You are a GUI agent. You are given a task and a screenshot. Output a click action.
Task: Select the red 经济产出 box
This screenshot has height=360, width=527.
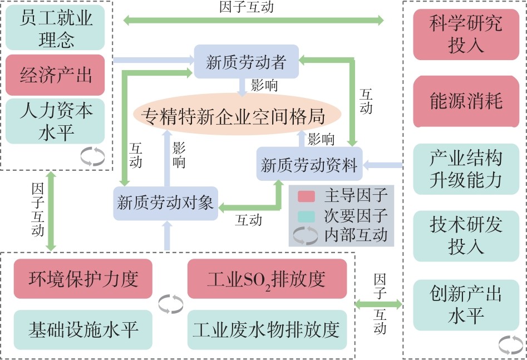click(x=56, y=75)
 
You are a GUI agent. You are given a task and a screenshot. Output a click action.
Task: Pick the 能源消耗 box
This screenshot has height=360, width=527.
click(x=465, y=101)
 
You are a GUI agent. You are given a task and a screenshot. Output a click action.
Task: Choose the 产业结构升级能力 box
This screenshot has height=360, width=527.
click(x=465, y=168)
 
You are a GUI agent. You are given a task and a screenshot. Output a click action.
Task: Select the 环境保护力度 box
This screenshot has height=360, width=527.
click(x=83, y=278)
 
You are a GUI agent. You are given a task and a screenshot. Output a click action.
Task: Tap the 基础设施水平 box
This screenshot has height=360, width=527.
click(x=83, y=329)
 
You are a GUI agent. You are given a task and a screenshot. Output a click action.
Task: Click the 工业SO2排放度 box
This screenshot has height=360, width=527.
click(x=267, y=278)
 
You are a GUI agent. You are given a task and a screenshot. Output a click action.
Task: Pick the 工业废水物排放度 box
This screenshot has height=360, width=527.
click(x=267, y=329)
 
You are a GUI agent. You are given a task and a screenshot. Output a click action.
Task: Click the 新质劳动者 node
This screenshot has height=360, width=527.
click(x=245, y=62)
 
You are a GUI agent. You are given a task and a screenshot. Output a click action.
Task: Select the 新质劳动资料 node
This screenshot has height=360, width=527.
click(x=309, y=164)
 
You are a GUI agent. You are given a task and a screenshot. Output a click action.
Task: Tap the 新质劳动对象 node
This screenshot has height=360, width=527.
click(x=165, y=203)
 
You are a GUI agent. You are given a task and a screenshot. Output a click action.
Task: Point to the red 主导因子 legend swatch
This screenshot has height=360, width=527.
click(x=306, y=196)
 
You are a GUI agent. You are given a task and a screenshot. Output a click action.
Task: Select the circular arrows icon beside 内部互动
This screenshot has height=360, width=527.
click(x=306, y=236)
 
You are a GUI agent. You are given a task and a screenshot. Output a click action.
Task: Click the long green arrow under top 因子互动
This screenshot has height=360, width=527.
click(x=253, y=21)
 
